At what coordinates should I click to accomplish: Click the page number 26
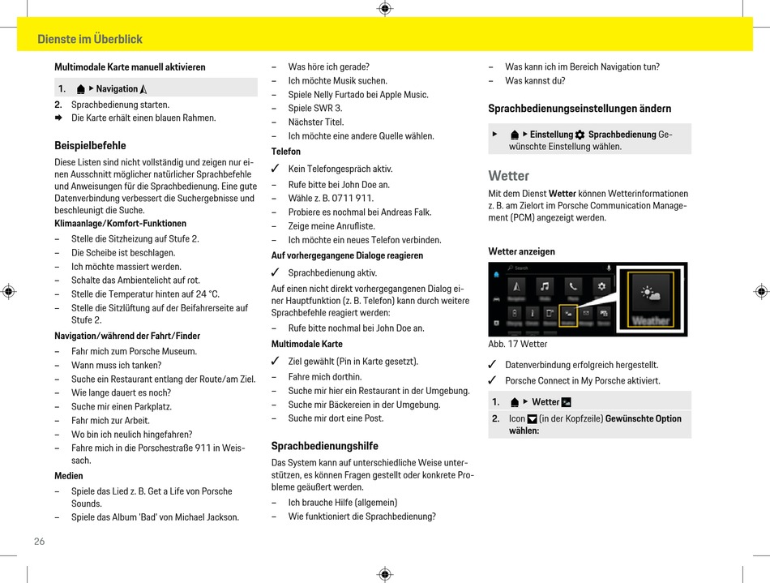click(39, 542)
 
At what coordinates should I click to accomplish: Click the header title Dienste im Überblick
click(90, 39)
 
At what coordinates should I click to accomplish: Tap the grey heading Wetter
click(508, 176)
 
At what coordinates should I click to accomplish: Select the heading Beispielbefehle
click(90, 145)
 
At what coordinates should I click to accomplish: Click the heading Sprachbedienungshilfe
click(324, 446)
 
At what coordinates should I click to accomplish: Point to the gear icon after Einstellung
click(580, 135)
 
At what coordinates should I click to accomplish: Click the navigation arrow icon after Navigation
click(143, 89)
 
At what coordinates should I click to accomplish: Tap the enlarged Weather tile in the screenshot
click(651, 299)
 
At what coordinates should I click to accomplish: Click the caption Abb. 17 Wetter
click(518, 344)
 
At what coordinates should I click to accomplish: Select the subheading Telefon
click(286, 152)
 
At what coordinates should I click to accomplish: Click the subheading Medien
click(69, 475)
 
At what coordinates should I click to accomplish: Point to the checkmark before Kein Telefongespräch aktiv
click(275, 169)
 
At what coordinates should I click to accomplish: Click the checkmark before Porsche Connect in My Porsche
click(492, 380)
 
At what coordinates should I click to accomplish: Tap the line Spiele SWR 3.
click(315, 108)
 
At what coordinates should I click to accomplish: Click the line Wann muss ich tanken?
click(117, 365)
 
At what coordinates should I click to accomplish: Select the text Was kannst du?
click(535, 80)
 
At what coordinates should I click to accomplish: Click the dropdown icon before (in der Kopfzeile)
click(532, 419)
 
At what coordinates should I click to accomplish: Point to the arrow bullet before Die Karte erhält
click(58, 118)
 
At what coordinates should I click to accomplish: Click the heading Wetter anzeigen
click(521, 251)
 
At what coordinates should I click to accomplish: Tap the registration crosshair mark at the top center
click(385, 8)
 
